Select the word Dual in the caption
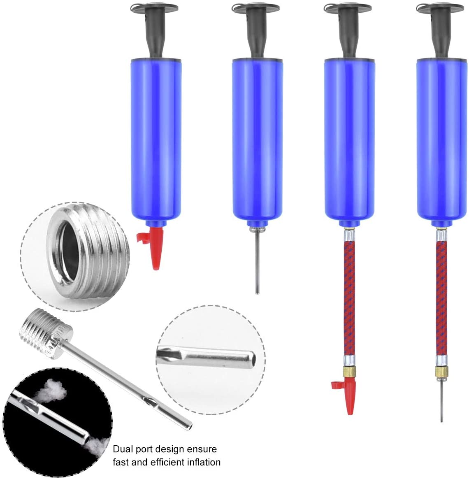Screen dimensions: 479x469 tap(123, 449)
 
